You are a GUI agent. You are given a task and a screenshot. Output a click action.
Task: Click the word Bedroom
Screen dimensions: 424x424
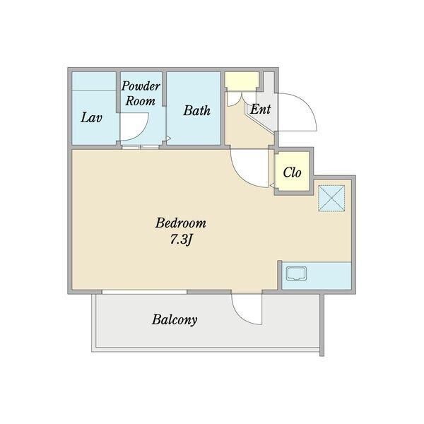tap(181, 223)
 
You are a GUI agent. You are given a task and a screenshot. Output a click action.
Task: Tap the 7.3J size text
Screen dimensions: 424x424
tap(181, 240)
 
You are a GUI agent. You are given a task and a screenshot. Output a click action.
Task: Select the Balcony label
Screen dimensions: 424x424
tap(175, 319)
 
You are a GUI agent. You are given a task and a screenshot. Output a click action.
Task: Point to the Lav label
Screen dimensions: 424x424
tap(91, 117)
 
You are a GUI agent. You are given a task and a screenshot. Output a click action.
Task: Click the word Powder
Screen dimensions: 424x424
tap(141, 86)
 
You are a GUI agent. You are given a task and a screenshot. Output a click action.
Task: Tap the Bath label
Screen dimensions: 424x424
tap(196, 111)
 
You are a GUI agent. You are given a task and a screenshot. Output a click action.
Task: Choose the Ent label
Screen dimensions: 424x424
tap(260, 110)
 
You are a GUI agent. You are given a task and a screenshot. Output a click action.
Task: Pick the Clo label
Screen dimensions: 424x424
tap(292, 172)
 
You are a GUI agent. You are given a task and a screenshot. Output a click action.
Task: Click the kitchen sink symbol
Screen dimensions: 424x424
tap(297, 274)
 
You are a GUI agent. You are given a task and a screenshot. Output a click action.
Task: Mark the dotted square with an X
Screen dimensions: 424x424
tap(331, 198)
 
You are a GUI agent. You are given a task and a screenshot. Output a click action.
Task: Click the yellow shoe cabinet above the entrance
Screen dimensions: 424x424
tap(242, 81)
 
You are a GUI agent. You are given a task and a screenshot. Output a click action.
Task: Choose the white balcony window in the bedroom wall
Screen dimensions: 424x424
tap(144, 292)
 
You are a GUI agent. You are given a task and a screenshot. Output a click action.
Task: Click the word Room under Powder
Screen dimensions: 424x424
tap(141, 101)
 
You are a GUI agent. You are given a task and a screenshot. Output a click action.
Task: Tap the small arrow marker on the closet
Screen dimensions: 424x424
tap(273, 185)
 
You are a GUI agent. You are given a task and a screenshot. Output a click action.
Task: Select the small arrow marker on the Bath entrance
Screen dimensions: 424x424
tap(168, 139)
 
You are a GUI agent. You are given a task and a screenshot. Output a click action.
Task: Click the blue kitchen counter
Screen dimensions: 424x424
tap(317, 276)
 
